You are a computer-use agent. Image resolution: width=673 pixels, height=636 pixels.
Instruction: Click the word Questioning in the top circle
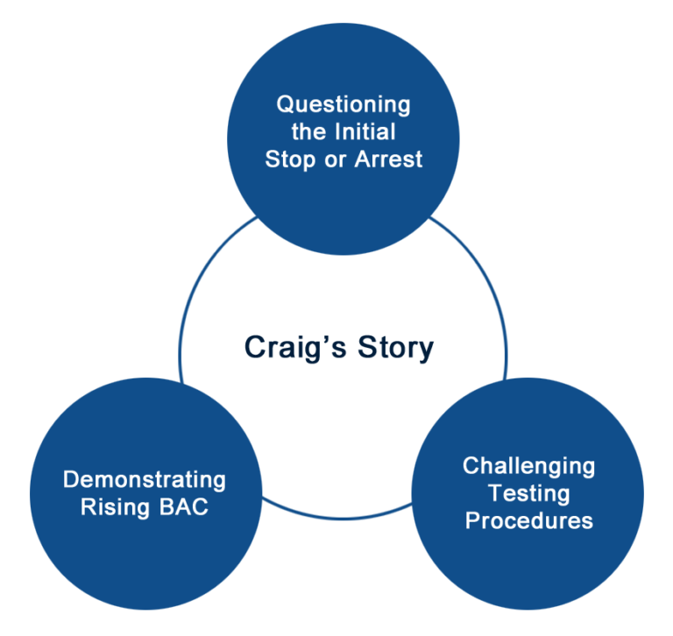(x=344, y=104)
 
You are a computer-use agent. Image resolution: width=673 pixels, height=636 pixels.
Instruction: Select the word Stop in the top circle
(x=292, y=159)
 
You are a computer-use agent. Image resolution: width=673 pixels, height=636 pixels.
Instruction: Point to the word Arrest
(x=388, y=159)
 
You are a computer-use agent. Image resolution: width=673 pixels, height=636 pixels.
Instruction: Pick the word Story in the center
(x=396, y=347)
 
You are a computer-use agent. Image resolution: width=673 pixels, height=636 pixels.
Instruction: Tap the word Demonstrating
(x=145, y=481)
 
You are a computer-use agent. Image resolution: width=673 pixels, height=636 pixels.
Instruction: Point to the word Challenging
(x=528, y=465)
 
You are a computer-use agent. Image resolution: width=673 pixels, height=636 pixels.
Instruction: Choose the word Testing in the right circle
(x=529, y=492)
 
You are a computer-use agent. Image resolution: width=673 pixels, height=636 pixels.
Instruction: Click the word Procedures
(x=528, y=520)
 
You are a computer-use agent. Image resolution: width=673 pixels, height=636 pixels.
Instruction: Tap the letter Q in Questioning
(x=285, y=104)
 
